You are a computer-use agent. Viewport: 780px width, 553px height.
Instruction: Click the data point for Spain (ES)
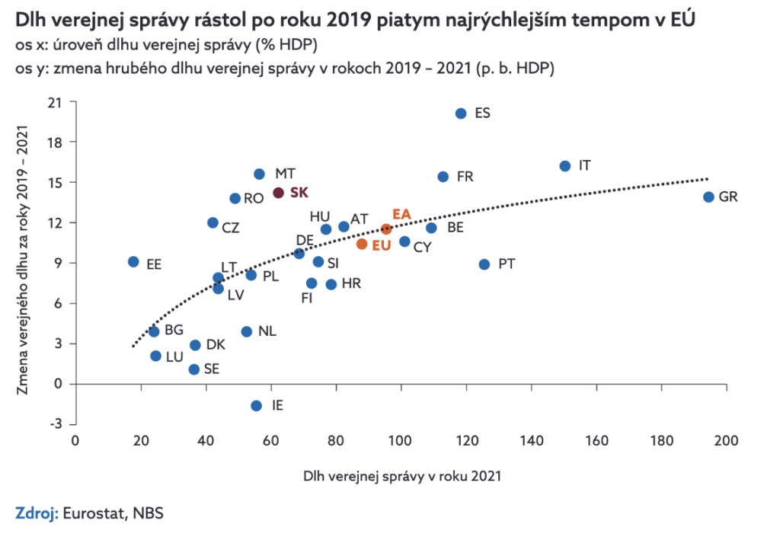click(461, 113)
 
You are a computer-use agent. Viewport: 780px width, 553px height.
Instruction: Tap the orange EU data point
click(362, 245)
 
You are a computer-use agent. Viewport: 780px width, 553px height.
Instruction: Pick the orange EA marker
click(387, 229)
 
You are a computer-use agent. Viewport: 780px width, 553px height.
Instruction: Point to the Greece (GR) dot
click(708, 197)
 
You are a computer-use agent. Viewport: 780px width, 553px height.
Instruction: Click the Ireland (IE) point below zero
click(257, 406)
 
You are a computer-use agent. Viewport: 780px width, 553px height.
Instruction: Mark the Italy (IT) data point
click(565, 166)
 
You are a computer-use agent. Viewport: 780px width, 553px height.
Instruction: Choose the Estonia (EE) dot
click(133, 262)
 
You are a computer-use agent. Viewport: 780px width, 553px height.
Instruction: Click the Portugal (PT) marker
click(484, 264)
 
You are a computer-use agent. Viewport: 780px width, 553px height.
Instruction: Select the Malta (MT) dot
click(259, 174)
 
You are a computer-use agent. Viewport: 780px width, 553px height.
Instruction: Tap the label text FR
click(465, 177)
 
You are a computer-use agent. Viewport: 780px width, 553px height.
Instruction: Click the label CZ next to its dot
click(231, 227)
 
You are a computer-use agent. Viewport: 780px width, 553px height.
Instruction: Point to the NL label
click(267, 331)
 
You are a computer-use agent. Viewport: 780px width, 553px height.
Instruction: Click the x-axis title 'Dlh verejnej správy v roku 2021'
click(402, 477)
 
